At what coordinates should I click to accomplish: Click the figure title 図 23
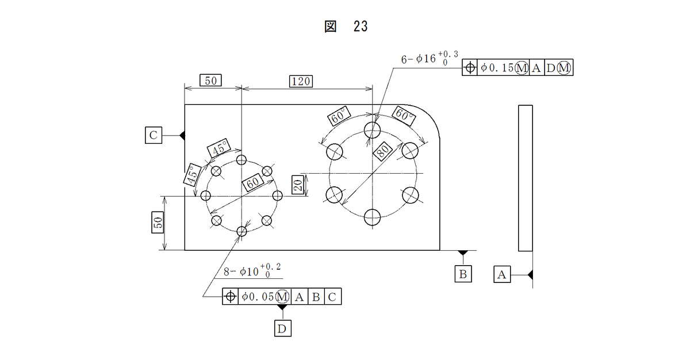(346, 26)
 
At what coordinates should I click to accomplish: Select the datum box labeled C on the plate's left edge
(154, 135)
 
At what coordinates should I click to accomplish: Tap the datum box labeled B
(463, 274)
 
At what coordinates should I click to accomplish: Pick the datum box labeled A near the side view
(502, 274)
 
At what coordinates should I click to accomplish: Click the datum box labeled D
(282, 328)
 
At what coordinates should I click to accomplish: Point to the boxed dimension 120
(301, 81)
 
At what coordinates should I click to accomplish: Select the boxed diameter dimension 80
(382, 151)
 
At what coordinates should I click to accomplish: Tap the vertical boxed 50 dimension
(158, 223)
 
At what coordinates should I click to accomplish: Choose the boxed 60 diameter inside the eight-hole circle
(252, 182)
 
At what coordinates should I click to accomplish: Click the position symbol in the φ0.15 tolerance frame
(470, 67)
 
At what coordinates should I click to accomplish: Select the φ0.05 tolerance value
(258, 297)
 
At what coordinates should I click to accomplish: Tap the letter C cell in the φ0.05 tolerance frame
(332, 297)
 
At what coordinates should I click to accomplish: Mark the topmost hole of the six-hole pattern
(372, 130)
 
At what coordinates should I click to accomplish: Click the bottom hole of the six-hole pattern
(372, 217)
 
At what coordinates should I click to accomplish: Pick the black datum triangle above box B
(463, 253)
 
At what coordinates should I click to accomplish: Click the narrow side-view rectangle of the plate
(525, 178)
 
